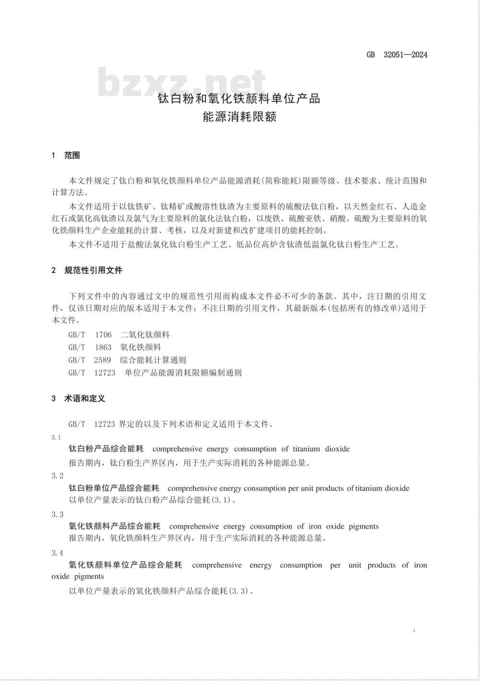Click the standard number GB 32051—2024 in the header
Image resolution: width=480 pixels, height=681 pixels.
point(396,54)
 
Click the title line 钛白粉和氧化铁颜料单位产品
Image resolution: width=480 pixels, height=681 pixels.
point(239,99)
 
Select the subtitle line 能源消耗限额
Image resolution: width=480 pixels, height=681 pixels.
point(239,116)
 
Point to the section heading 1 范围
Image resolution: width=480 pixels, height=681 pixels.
point(66,155)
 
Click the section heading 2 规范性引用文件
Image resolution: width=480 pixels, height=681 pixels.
point(87,270)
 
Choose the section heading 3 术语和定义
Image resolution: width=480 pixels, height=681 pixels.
point(78,398)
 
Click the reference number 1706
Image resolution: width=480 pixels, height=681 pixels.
point(103,335)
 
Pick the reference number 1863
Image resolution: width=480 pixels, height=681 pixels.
point(103,347)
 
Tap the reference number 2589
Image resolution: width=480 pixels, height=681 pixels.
point(103,360)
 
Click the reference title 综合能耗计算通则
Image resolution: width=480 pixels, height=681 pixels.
point(153,360)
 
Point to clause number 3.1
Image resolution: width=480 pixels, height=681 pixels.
point(56,437)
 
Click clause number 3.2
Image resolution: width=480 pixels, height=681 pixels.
point(57,475)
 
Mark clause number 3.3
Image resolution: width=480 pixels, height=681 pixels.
point(57,514)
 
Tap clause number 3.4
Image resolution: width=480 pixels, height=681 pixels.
point(57,553)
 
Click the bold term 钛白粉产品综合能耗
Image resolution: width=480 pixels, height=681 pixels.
point(106,449)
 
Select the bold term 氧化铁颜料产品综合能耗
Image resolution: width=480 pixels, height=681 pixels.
point(114,526)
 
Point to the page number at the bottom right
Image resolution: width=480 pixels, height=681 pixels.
point(414,630)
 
